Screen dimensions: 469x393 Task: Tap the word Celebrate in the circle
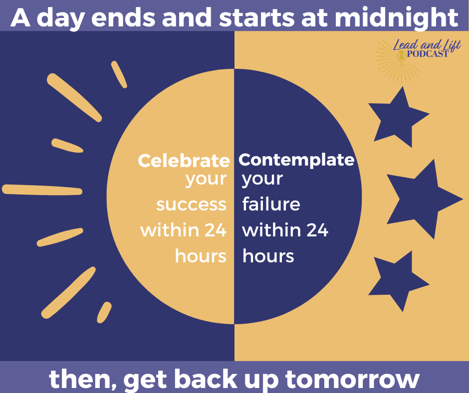click(x=184, y=161)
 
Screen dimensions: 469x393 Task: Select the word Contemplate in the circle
click(x=296, y=160)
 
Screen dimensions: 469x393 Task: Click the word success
click(x=191, y=205)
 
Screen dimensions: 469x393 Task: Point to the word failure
click(x=271, y=204)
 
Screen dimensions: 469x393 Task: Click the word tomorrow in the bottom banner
click(x=353, y=379)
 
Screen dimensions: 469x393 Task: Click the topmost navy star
click(x=398, y=117)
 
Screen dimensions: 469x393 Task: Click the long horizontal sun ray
click(x=42, y=190)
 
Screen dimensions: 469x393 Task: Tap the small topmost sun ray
click(x=119, y=74)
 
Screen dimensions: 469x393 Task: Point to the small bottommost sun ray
click(x=104, y=312)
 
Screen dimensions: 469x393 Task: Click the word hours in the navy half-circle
click(x=268, y=256)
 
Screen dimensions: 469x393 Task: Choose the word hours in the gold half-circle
click(x=201, y=256)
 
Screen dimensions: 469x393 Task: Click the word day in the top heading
click(x=60, y=18)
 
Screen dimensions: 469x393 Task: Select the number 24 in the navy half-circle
click(x=317, y=230)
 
